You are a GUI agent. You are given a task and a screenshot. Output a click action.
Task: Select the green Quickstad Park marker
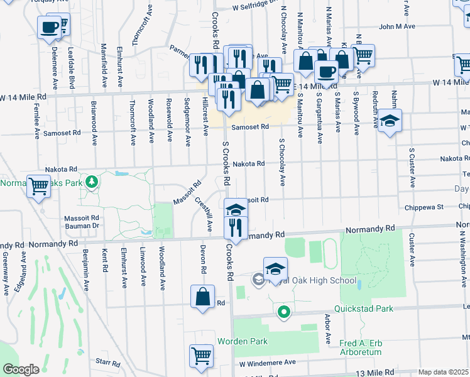(284, 311)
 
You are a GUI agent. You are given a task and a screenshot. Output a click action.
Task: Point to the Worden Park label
(243, 341)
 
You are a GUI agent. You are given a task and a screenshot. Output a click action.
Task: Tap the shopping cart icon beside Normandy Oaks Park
(39, 186)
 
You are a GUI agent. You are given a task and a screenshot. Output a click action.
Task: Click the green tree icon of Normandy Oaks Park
(92, 182)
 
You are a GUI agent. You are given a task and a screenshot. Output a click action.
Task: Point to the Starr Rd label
(108, 363)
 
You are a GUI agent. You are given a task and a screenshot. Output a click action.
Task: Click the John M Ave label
(397, 27)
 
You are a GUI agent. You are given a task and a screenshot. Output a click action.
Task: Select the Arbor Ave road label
(327, 329)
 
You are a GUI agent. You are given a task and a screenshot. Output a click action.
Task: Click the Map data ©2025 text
(443, 372)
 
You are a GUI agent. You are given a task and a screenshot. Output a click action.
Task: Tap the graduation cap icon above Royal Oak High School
(275, 269)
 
